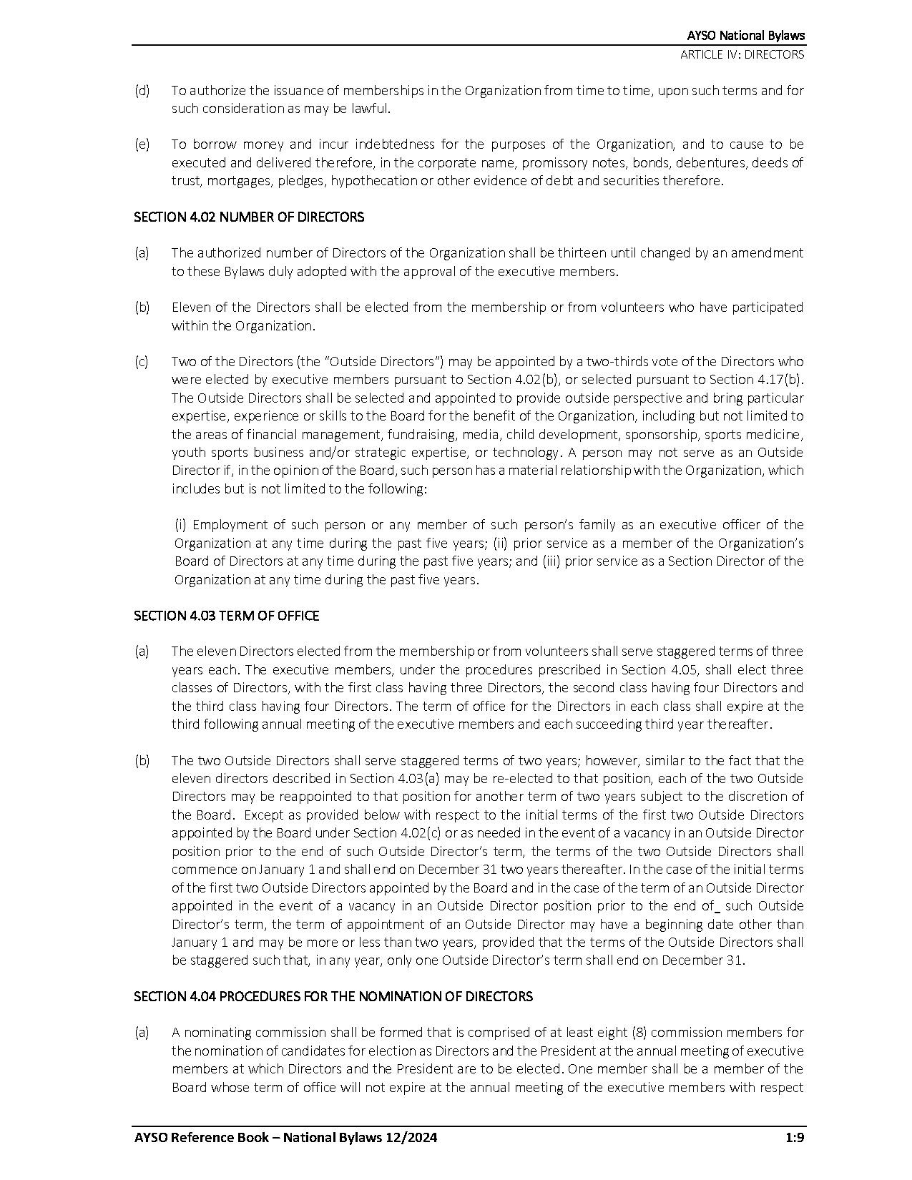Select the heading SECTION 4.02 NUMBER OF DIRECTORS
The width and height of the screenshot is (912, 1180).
pos(249,217)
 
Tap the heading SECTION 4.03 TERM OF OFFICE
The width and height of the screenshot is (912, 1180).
pos(226,616)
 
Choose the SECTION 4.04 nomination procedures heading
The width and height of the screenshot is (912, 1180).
pos(333,996)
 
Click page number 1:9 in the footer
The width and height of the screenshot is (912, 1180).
pos(793,1138)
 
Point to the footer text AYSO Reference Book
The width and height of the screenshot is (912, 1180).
pos(201,1138)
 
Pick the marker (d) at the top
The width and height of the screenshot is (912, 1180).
pos(142,91)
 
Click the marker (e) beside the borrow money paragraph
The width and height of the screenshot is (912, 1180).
pos(142,144)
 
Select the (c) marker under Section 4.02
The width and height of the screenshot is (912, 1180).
pos(142,362)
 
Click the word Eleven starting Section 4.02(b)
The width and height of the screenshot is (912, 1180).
pos(189,308)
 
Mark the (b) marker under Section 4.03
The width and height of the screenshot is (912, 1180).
pos(142,760)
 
